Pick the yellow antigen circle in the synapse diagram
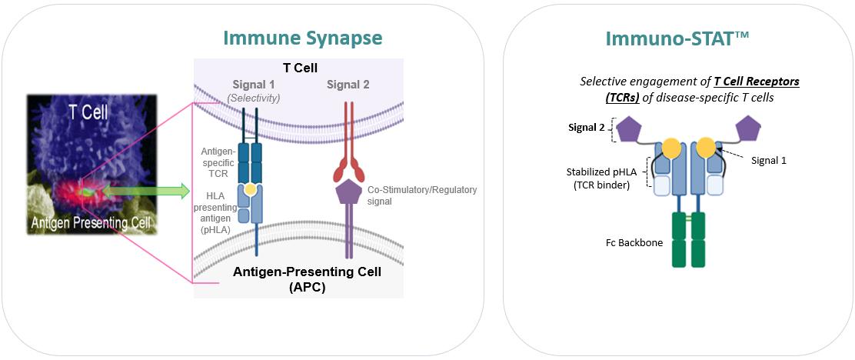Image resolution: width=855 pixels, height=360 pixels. tap(251, 189)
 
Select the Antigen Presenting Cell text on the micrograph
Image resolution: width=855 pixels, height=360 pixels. tap(91, 224)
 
